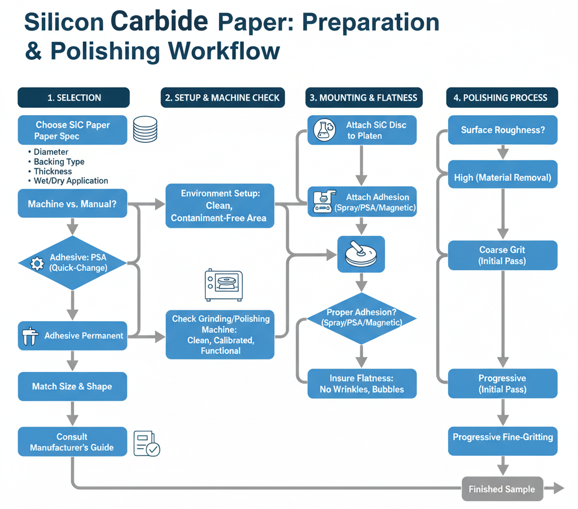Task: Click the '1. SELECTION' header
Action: tap(73, 98)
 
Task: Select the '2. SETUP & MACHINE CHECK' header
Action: tap(222, 98)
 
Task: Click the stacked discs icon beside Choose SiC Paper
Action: tap(145, 129)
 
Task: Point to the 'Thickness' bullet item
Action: tap(52, 172)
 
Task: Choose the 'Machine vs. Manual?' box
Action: tap(72, 204)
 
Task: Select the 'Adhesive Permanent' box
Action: tap(72, 336)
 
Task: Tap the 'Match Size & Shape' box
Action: tap(72, 387)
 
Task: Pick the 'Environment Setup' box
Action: tap(220, 205)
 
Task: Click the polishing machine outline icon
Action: tap(223, 284)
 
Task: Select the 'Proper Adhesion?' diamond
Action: tap(362, 318)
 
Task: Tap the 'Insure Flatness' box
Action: tap(362, 384)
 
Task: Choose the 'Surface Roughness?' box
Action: tap(502, 130)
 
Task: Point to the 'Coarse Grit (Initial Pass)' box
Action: tap(502, 255)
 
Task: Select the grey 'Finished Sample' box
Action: tap(502, 489)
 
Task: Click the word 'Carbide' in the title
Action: tap(160, 21)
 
